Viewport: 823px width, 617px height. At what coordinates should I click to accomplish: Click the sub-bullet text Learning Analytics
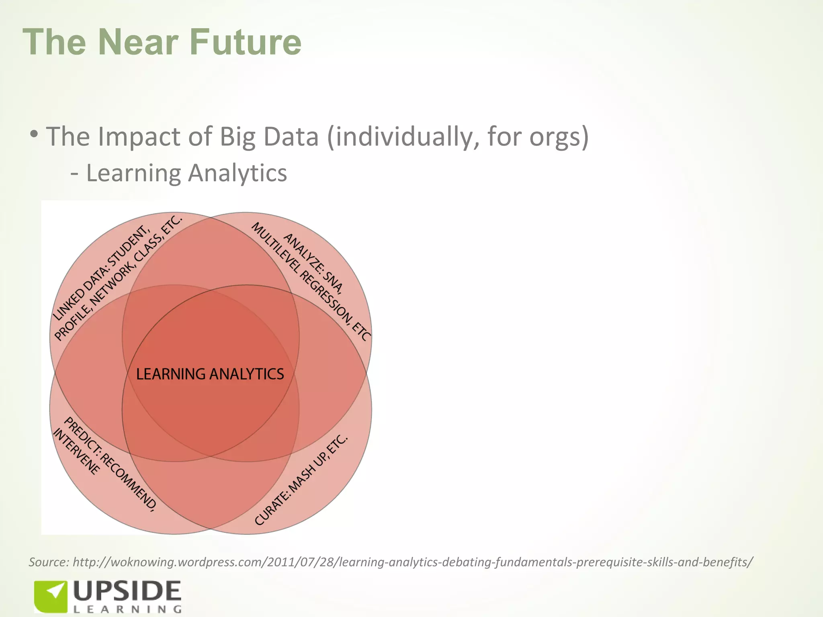(186, 173)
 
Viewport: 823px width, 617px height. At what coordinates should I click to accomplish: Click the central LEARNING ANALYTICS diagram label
(210, 374)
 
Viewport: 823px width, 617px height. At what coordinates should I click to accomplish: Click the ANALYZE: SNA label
(314, 263)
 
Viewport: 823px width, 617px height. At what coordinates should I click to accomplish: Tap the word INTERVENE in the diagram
(76, 452)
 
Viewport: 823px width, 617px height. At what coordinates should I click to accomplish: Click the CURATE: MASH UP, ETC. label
(301, 480)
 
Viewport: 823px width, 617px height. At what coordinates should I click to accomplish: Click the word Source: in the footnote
(49, 562)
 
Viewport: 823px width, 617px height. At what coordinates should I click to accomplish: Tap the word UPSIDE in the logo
(127, 592)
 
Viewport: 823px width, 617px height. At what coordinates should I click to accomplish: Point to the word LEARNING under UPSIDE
(127, 609)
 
